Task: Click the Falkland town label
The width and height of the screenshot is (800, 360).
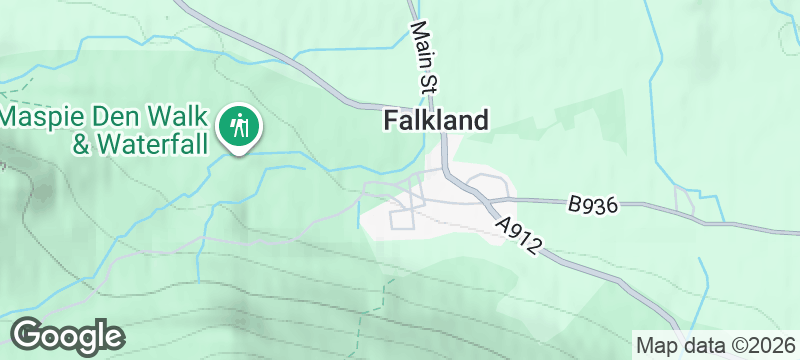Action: [x=437, y=121]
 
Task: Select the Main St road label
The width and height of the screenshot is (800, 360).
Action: [x=421, y=56]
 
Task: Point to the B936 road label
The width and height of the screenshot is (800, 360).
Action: [x=592, y=205]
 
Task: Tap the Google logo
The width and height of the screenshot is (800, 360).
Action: [x=67, y=335]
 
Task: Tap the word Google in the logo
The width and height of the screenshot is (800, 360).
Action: [x=67, y=335]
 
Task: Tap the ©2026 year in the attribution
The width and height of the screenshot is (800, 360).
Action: [x=762, y=345]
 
